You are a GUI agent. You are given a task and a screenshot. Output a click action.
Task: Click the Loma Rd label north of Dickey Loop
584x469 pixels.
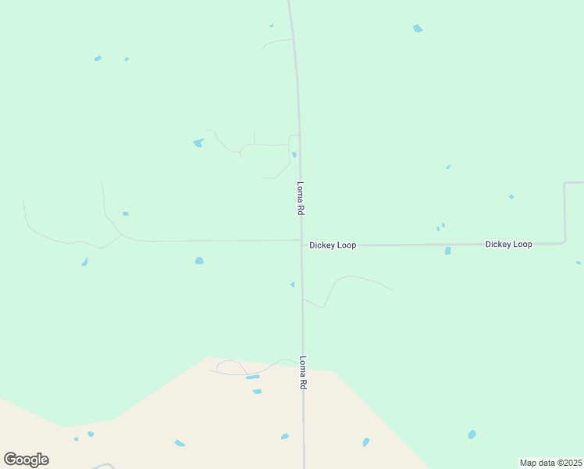coord(300,199)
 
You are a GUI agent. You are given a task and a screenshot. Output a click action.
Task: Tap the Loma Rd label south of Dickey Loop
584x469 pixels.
coord(303,374)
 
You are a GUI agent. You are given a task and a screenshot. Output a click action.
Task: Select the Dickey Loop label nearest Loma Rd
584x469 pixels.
coord(333,245)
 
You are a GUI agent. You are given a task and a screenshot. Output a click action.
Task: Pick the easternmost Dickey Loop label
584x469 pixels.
coord(508,245)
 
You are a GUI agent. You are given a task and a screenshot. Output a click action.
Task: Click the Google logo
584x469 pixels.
coord(26,460)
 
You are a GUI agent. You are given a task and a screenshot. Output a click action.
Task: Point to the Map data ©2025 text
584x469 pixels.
coord(550,463)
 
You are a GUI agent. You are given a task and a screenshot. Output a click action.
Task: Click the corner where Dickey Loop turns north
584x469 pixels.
coord(564,242)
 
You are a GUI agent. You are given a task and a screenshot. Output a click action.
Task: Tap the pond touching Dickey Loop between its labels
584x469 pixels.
coord(447,251)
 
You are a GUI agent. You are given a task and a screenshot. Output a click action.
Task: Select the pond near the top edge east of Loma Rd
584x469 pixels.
coord(418,29)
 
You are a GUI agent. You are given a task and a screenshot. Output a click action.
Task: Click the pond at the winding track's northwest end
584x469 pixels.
coord(198,143)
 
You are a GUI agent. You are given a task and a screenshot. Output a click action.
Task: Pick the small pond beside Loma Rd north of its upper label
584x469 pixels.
coord(294,155)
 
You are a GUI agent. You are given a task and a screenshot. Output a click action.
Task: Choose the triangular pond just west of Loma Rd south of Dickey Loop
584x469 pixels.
coord(292,285)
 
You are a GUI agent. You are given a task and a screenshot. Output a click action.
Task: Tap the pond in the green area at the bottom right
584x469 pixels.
coord(472,434)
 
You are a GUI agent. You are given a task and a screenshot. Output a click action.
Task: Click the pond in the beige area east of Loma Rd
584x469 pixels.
coord(365,442)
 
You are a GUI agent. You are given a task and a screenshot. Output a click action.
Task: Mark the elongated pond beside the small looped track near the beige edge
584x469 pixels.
coord(252,377)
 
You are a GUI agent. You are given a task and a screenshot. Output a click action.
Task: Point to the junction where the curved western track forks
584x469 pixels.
coord(120,234)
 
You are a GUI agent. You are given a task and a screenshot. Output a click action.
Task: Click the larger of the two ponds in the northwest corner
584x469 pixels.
coord(98,59)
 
